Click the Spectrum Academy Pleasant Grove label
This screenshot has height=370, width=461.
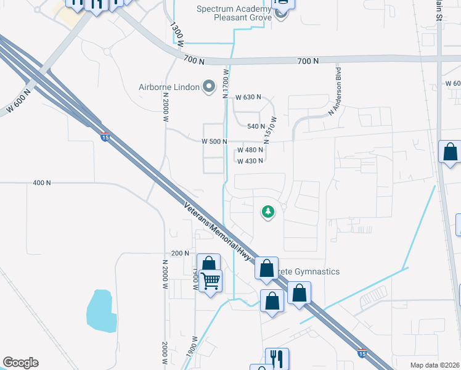tap(234, 14)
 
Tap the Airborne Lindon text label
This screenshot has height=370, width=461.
tap(169, 87)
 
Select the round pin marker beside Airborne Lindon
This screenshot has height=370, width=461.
tap(210, 87)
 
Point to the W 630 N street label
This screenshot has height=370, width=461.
tap(248, 97)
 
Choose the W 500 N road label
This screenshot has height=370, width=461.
tap(214, 141)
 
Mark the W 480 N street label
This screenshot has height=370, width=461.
tap(250, 150)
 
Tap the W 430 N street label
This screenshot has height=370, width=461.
tap(250, 161)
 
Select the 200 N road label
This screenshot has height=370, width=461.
tap(180, 253)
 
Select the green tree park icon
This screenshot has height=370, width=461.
tap(268, 212)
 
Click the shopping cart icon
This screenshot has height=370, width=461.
tap(211, 282)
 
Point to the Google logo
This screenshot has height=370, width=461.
tap(20, 363)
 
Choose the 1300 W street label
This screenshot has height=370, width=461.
tap(177, 35)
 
